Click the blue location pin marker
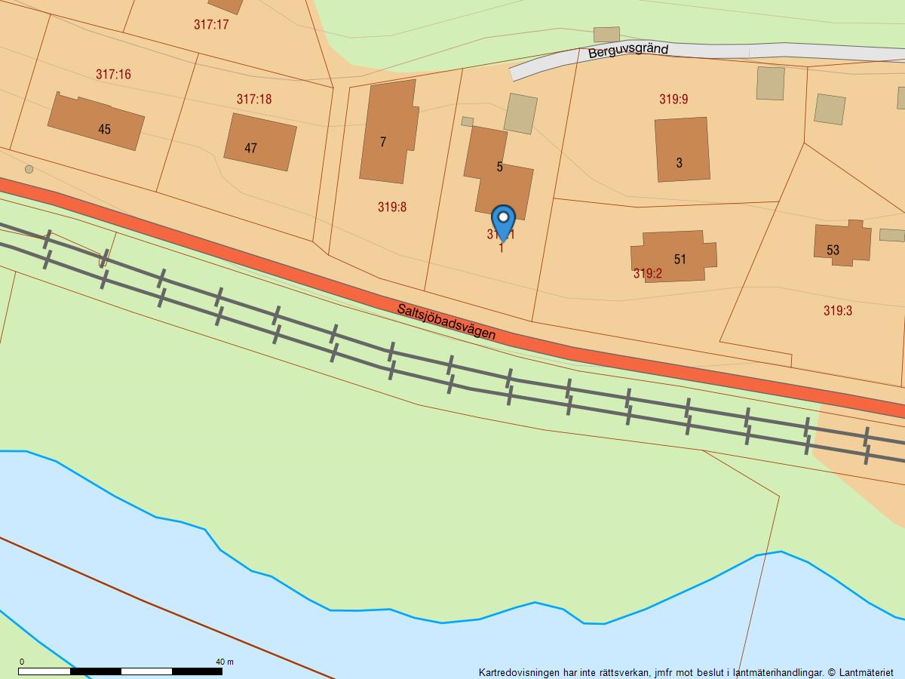point(503,220)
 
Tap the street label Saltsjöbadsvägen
point(446,321)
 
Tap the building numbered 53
point(842,243)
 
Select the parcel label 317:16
point(113,74)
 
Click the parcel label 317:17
point(211,24)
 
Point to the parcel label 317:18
point(254,99)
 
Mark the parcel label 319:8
point(392,207)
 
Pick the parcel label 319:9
point(673,99)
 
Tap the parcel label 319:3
point(838,310)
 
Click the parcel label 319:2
point(647,274)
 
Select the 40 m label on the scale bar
point(225,662)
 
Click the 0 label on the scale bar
point(21,662)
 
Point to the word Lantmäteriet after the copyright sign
point(867,672)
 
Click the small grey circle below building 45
point(29,169)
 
